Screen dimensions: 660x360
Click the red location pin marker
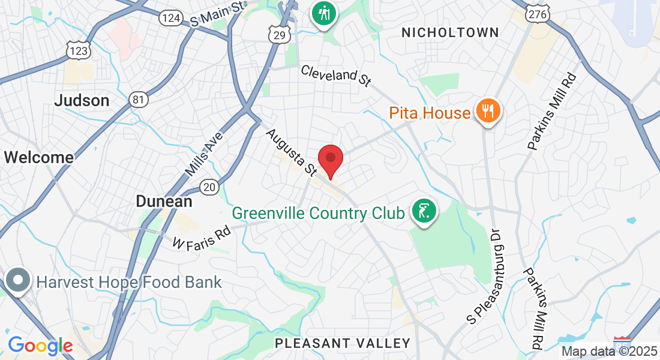[x=330, y=160]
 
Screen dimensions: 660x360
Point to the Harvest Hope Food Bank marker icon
[x=19, y=281]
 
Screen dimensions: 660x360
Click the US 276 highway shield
[x=535, y=14]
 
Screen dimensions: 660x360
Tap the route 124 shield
[x=171, y=18]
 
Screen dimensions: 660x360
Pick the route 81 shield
[x=139, y=99]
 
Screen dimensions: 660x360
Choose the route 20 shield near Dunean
[x=209, y=187]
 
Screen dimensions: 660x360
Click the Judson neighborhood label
[x=82, y=100]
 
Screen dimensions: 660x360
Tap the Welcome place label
[x=38, y=157]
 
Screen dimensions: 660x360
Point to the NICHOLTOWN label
[x=450, y=32]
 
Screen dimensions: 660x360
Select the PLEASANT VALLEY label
[x=343, y=343]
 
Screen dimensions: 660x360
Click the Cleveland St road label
[x=336, y=76]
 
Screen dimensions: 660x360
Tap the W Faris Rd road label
[x=202, y=238]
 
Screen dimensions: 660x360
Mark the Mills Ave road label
[x=204, y=154]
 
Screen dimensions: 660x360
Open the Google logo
[x=40, y=346]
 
